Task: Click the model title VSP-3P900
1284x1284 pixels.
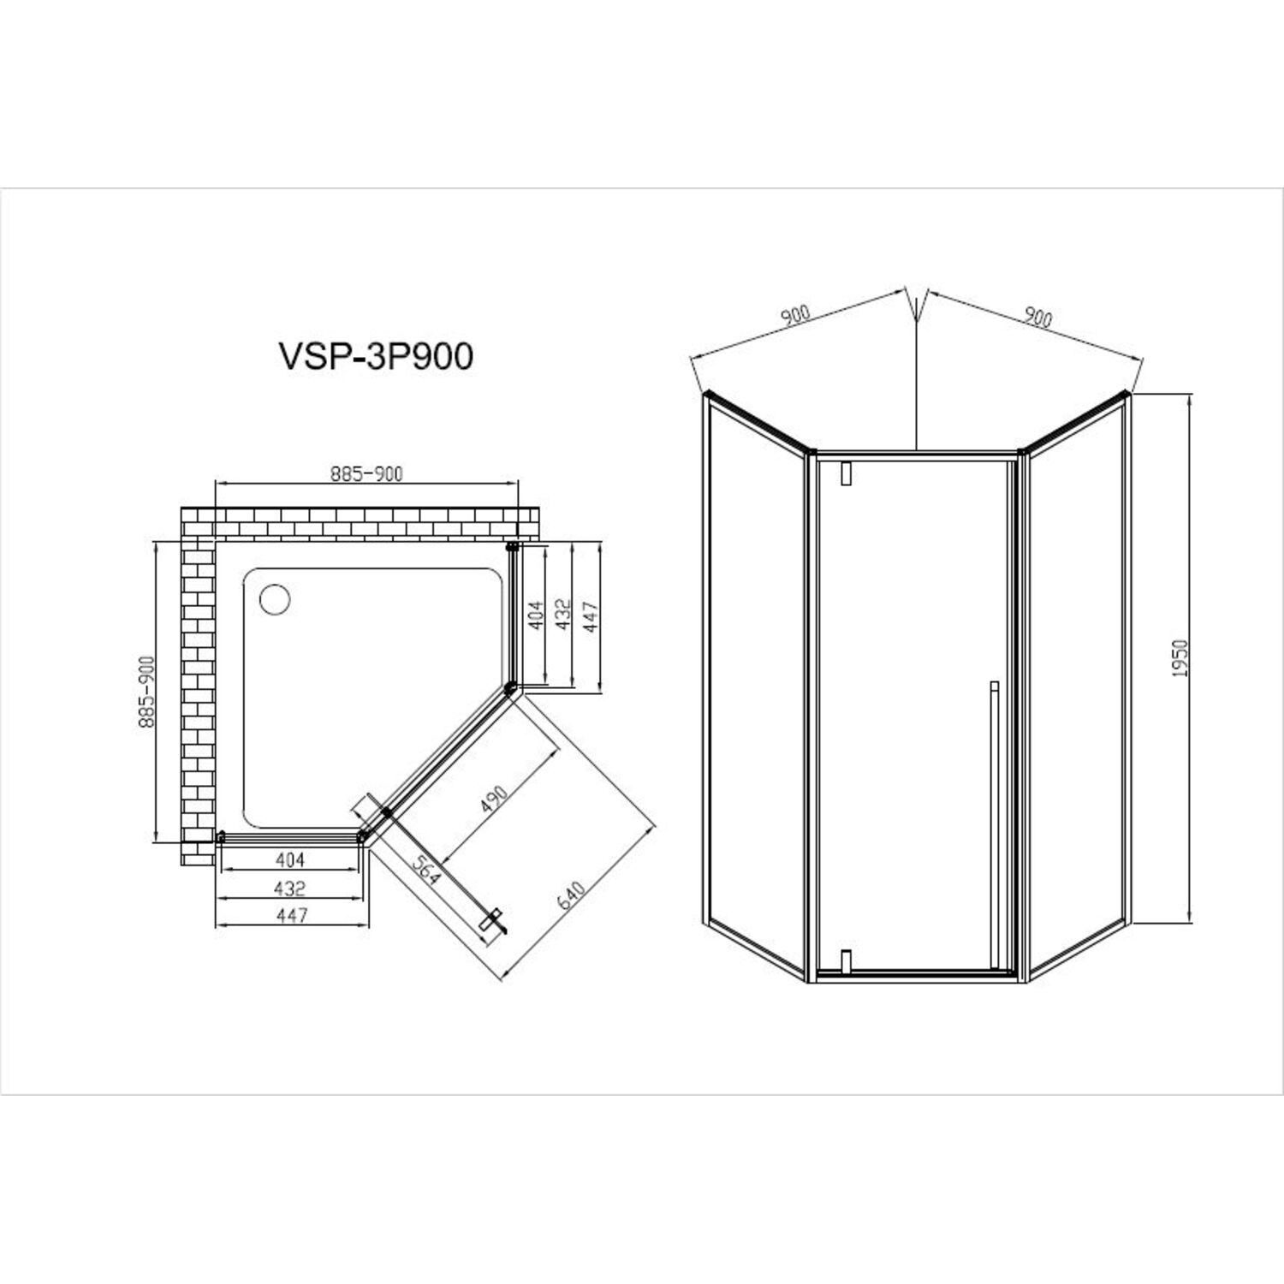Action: click(376, 356)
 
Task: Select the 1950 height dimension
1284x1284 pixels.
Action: click(1180, 658)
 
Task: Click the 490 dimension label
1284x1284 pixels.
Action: click(494, 798)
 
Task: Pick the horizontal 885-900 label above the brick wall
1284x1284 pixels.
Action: click(366, 473)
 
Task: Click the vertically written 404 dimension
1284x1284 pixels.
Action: click(537, 615)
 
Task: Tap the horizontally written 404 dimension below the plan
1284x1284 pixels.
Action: click(290, 859)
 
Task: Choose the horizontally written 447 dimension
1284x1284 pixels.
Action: click(292, 915)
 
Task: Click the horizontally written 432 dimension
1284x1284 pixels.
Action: click(290, 889)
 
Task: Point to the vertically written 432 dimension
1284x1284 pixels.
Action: click(564, 615)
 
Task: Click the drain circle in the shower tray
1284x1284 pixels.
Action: click(276, 598)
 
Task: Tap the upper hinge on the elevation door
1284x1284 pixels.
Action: click(847, 474)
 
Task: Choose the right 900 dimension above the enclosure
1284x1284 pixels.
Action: click(1037, 318)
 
